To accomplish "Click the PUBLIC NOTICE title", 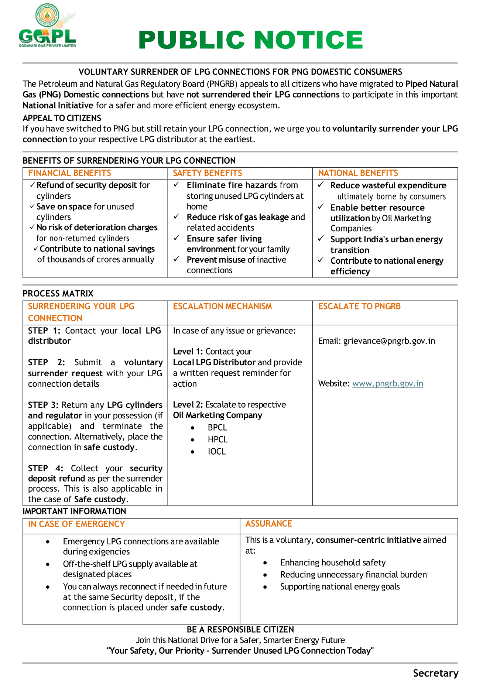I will (251, 40).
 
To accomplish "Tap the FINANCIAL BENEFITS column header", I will (69, 173).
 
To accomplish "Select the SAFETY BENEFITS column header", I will (208, 173).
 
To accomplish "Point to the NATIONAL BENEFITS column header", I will (358, 173).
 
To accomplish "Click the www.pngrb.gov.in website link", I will (387, 384).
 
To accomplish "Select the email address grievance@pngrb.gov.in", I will (389, 341).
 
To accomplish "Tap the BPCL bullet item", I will (217, 428).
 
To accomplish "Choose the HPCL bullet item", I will (218, 439).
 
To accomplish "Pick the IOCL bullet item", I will (217, 452).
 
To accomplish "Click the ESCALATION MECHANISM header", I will (222, 307).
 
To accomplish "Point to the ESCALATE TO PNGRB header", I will (359, 307).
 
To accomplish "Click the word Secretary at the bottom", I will (435, 673).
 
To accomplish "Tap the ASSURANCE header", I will (269, 524).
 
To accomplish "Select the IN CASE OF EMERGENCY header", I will (76, 524).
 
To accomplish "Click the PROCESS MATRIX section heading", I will (58, 294).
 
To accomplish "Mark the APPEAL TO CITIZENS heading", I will (62, 118).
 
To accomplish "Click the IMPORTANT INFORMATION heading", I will (74, 511).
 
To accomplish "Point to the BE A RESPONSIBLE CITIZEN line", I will (240, 630).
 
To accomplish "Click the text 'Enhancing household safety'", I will (333, 563).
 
